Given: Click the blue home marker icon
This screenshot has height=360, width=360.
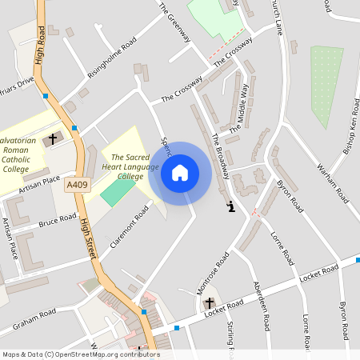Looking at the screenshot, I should [x=180, y=173].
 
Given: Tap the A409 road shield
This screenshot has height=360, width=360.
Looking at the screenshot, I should [x=77, y=186].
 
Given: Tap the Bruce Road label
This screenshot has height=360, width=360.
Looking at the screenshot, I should [x=58, y=219].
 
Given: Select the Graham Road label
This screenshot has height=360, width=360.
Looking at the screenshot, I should [x=33, y=318].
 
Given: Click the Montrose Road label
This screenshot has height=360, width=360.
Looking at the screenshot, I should [x=213, y=273].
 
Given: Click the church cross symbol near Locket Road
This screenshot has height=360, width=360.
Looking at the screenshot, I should [x=210, y=303].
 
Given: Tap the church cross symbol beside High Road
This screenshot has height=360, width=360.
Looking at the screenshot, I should [x=53, y=138].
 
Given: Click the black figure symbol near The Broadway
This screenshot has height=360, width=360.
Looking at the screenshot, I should [x=230, y=206].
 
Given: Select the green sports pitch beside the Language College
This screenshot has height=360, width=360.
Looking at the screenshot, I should [x=118, y=190].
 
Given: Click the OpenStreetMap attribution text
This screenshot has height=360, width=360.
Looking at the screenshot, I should [x=80, y=354].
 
